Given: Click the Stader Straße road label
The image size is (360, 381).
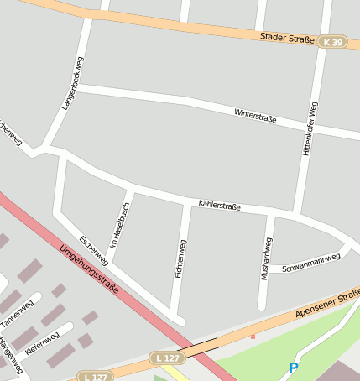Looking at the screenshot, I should pyautogui.click(x=287, y=38).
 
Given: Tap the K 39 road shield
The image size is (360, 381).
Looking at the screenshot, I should pyautogui.click(x=333, y=42).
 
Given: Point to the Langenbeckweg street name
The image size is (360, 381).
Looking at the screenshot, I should pyautogui.click(x=74, y=83).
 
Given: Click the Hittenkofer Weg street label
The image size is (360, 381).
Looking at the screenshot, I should pyautogui.click(x=311, y=130).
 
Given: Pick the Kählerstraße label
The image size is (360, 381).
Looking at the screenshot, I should pyautogui.click(x=220, y=206).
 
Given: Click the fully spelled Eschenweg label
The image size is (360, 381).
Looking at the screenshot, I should pyautogui.click(x=94, y=249).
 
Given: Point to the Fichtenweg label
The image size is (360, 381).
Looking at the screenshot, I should pyautogui.click(x=180, y=260).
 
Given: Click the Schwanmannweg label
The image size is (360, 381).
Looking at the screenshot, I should pyautogui.click(x=311, y=263).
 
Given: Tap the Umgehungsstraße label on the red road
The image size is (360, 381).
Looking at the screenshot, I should pyautogui.click(x=89, y=269).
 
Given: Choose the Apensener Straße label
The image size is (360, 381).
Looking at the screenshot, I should pyautogui.click(x=327, y=303).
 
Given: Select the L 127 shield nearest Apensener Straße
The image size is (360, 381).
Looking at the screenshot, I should pyautogui.click(x=168, y=358).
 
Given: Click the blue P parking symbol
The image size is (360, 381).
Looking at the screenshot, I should pyautogui.click(x=293, y=368).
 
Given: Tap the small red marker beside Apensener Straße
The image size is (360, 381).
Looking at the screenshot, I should pyautogui.click(x=253, y=337).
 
